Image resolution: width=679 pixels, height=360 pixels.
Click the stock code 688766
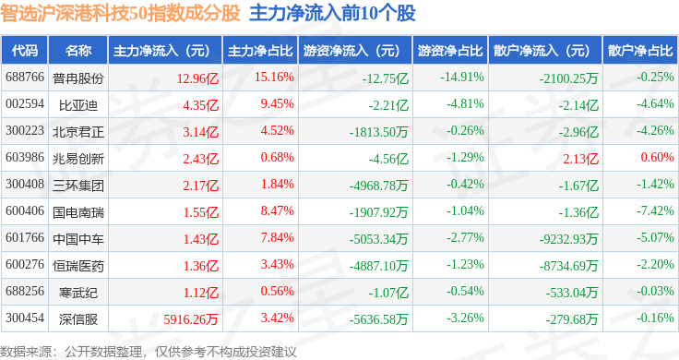(25, 78)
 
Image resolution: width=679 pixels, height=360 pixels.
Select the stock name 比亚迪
(77, 105)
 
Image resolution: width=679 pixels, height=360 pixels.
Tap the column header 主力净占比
(260, 51)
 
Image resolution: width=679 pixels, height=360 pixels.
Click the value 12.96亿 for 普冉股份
(197, 78)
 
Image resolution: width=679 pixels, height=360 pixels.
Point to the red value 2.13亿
(580, 159)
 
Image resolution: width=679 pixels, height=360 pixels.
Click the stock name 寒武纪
(77, 293)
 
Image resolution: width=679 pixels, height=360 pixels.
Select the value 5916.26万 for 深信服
(191, 319)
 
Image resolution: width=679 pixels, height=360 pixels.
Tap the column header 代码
(25, 51)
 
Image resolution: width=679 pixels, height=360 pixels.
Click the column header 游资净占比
(450, 51)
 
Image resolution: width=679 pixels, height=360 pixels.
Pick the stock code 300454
(25, 318)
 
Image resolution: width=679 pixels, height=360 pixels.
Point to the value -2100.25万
(568, 78)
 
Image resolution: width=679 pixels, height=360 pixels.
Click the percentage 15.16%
(274, 78)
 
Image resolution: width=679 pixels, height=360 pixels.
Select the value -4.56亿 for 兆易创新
(388, 159)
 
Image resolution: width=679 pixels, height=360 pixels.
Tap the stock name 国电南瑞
(77, 212)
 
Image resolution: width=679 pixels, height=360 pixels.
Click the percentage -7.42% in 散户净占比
(655, 211)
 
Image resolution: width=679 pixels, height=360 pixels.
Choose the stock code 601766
(25, 238)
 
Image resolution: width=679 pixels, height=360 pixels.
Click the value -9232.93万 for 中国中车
(568, 239)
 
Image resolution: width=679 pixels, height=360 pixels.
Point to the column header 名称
(77, 51)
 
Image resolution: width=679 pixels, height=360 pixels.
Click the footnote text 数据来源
(26, 352)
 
